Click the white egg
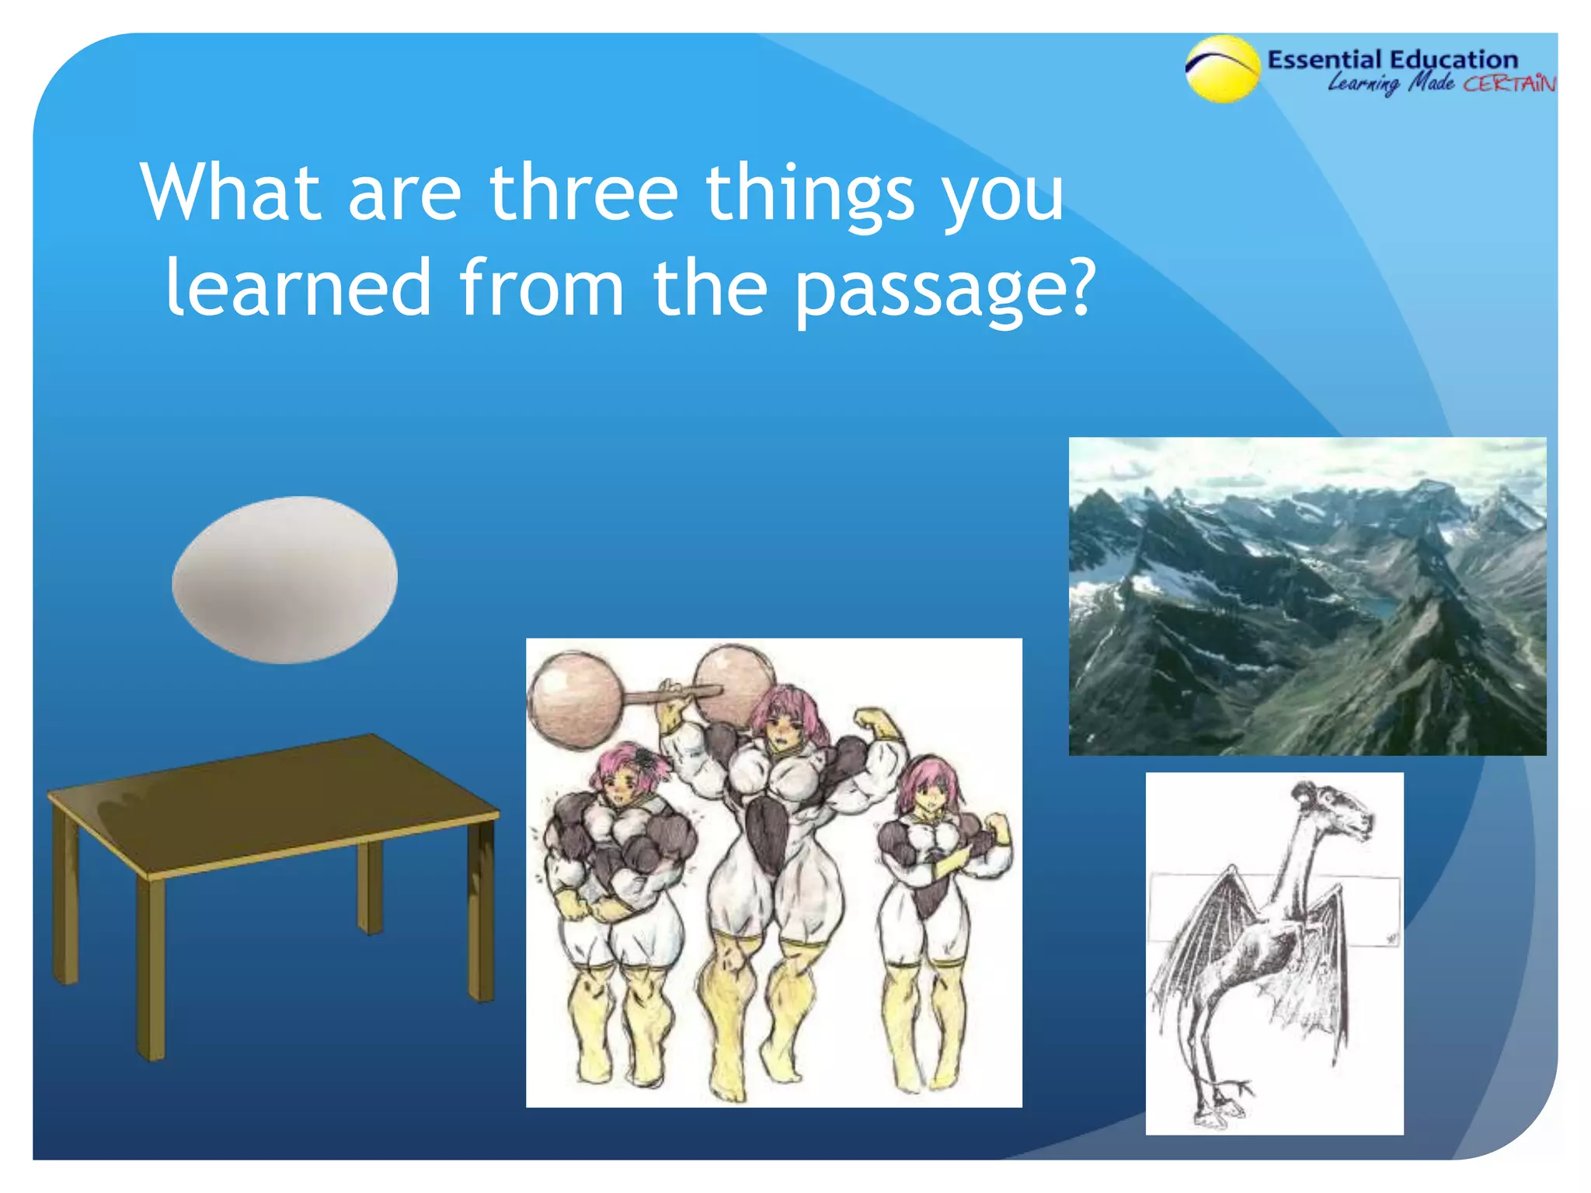coord(284,579)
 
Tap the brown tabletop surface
coord(272,804)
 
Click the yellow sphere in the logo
coord(1222,70)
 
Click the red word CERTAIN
coord(1509,84)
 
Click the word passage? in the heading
coord(944,289)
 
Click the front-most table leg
coord(151,971)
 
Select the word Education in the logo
coord(1453,60)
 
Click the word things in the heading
coord(808,194)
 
